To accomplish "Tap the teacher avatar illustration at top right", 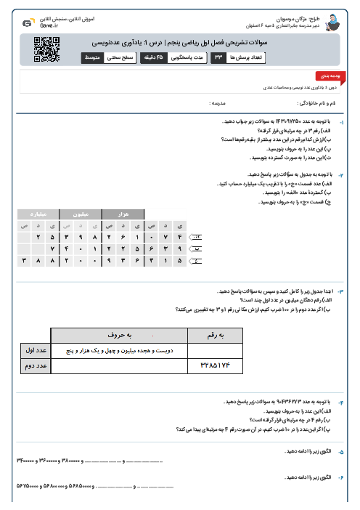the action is coord(333,23).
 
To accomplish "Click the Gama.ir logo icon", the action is coord(27,23).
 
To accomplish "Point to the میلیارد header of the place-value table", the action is coord(38,215).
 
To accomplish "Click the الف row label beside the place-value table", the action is coord(196,237).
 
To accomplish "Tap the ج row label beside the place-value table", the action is coord(196,259).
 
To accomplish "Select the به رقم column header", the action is coord(218,335).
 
